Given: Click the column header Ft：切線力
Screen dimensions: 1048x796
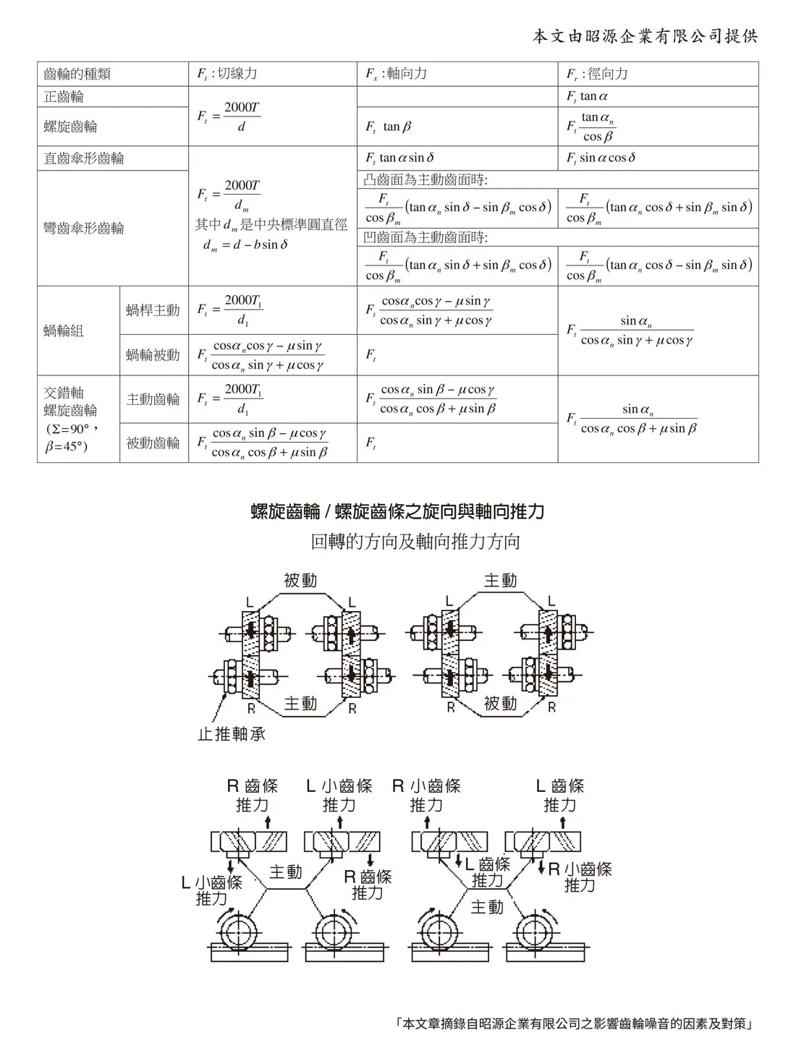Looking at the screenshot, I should tap(227, 74).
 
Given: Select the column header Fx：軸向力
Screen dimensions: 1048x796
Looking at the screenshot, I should tap(396, 74).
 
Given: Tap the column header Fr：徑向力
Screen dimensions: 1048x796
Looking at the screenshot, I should tap(597, 74).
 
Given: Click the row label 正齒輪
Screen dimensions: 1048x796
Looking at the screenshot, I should tap(64, 97).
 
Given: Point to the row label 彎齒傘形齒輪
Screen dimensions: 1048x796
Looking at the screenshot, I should tap(84, 229).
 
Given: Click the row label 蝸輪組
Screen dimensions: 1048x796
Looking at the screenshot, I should tap(64, 331).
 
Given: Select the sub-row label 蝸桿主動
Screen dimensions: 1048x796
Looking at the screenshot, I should tap(153, 310).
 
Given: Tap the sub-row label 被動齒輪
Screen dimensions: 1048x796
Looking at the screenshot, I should tap(153, 443).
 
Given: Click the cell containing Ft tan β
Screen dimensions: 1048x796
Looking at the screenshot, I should tap(389, 127).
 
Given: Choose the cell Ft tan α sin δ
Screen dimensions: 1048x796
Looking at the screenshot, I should tap(399, 158).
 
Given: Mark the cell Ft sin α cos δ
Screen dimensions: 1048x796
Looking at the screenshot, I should tap(601, 158).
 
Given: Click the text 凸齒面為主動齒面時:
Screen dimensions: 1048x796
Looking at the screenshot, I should tap(425, 180).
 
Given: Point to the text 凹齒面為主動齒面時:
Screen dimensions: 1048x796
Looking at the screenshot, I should tap(425, 238).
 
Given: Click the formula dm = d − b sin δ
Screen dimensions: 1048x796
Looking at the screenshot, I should tap(245, 245).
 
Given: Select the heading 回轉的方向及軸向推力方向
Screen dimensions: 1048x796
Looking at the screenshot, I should tap(415, 542).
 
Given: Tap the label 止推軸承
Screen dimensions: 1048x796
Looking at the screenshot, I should tap(232, 734).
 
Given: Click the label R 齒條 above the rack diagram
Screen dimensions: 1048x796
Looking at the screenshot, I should tap(253, 786).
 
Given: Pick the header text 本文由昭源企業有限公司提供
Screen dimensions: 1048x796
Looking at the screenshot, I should tap(645, 36).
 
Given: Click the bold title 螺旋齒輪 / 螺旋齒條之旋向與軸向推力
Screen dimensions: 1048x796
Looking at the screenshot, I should tap(397, 512).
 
